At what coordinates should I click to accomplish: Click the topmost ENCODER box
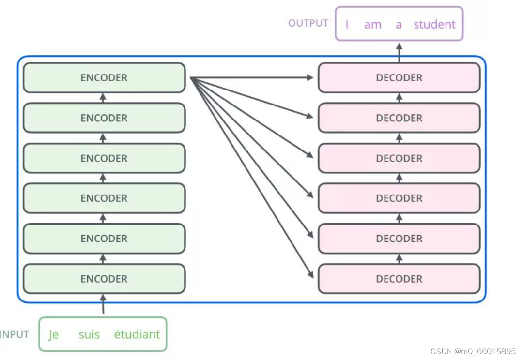(x=104, y=78)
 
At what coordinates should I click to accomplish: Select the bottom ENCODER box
(x=104, y=279)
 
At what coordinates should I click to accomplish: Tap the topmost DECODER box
(x=399, y=78)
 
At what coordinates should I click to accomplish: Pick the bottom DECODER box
(x=399, y=279)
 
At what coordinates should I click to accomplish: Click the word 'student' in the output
(x=434, y=24)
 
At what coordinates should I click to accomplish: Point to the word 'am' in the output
(x=372, y=25)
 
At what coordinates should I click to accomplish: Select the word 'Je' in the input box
(x=54, y=335)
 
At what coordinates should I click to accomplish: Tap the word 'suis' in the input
(x=89, y=334)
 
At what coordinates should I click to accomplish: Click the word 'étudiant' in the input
(x=137, y=334)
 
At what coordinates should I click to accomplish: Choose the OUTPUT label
(x=308, y=23)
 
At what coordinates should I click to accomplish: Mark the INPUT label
(x=15, y=334)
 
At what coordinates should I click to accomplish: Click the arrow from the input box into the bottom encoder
(x=103, y=304)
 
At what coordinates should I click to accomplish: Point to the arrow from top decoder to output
(x=399, y=53)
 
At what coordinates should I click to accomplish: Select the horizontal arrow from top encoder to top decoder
(x=252, y=78)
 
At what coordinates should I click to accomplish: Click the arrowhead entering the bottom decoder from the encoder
(x=310, y=274)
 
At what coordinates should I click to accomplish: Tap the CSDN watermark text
(x=473, y=351)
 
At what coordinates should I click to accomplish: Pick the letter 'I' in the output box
(x=347, y=24)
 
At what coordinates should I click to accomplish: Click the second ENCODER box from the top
(x=104, y=118)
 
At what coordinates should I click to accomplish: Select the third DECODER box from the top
(x=399, y=158)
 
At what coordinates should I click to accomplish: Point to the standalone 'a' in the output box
(x=399, y=25)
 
